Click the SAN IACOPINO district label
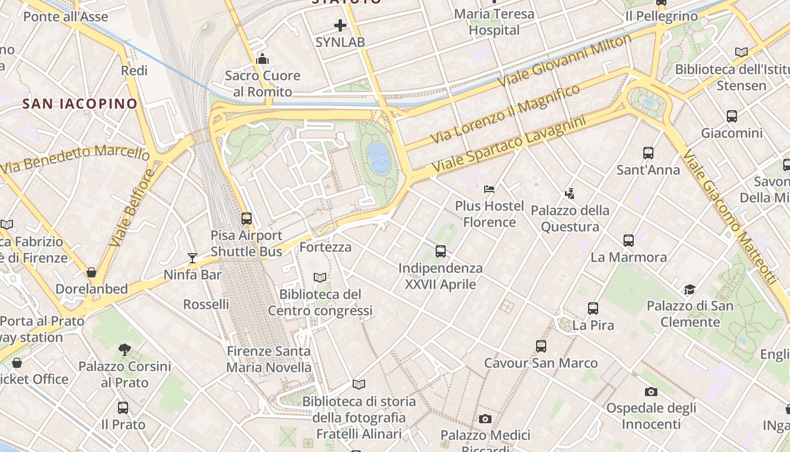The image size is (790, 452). tap(80, 103)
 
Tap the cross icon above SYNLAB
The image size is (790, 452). tap(340, 25)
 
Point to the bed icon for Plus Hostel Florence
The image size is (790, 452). tap(489, 189)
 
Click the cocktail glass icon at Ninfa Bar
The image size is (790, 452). tap(192, 258)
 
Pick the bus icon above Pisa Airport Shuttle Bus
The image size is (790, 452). tap(246, 219)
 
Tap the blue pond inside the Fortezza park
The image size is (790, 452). tap(378, 157)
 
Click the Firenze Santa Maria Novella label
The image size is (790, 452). tap(269, 359)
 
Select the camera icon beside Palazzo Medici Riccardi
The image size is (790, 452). tap(485, 419)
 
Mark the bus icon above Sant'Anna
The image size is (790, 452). tap(648, 153)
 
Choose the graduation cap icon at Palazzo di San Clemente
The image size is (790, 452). tap(690, 289)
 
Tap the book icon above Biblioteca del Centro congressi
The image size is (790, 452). tap(320, 277)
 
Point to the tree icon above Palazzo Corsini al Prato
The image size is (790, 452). tap(125, 350)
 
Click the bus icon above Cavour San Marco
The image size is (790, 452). tap(541, 346)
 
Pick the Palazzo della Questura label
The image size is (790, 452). tap(570, 219)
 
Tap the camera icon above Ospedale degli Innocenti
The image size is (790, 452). tap(651, 392)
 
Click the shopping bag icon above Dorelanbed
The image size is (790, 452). tap(91, 272)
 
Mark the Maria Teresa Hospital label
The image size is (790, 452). tap(494, 21)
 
